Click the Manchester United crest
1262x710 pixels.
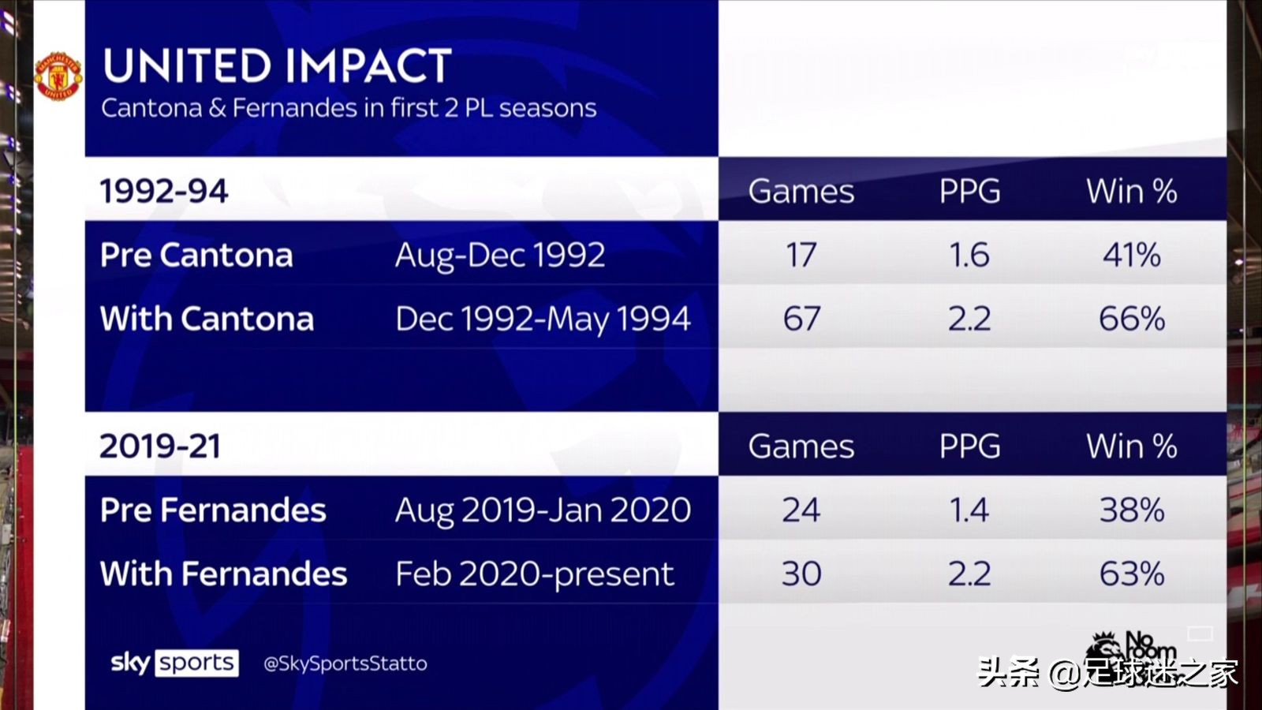click(x=58, y=77)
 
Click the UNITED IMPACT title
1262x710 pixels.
click(x=277, y=66)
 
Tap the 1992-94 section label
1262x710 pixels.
click(x=164, y=191)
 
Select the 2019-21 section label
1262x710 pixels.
click(x=160, y=447)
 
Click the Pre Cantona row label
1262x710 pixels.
click(x=196, y=256)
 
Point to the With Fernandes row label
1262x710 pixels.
click(x=224, y=574)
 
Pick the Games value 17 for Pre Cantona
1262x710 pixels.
click(x=801, y=256)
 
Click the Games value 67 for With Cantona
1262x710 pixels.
click(x=801, y=319)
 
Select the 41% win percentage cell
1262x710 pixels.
click(x=1131, y=256)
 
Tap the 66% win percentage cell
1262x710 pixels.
click(x=1132, y=319)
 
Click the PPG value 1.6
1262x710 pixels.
click(x=969, y=256)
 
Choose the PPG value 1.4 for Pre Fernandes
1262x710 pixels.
click(x=969, y=510)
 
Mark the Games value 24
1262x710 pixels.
click(x=801, y=510)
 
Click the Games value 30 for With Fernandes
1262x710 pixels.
click(x=801, y=574)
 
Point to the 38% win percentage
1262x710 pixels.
click(x=1132, y=510)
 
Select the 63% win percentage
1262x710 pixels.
click(x=1132, y=574)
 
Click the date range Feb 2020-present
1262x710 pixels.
click(x=535, y=575)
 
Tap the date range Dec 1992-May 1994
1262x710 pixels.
click(x=543, y=319)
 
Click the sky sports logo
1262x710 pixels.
click(x=174, y=663)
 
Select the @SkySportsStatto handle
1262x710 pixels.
click(x=345, y=663)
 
